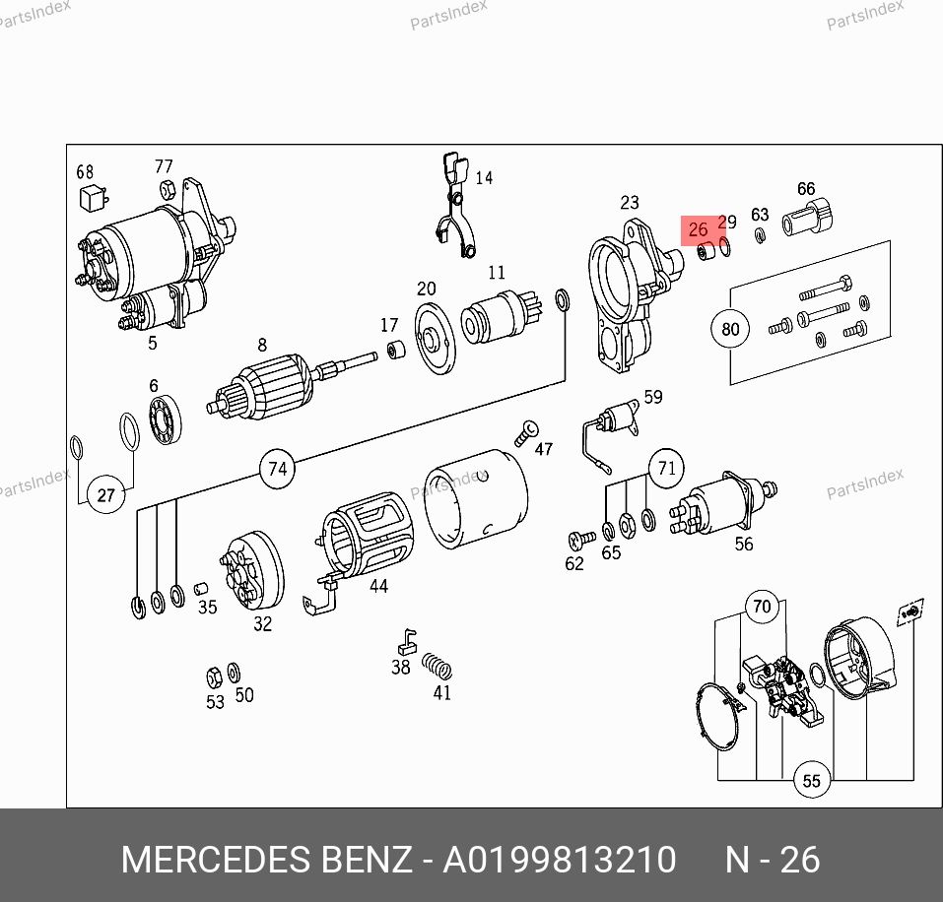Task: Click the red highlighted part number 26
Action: (698, 229)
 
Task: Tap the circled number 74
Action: (277, 469)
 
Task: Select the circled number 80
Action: (730, 329)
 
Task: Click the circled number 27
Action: (105, 495)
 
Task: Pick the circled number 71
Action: (666, 468)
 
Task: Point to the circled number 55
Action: (811, 781)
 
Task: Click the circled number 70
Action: (762, 607)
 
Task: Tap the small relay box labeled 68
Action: (94, 197)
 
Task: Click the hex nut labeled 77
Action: (168, 190)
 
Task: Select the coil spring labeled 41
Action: (438, 667)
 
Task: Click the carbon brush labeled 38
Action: (407, 642)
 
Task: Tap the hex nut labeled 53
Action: (214, 677)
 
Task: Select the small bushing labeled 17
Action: (395, 350)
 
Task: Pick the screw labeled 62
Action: (581, 539)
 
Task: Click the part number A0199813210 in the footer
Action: (560, 860)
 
